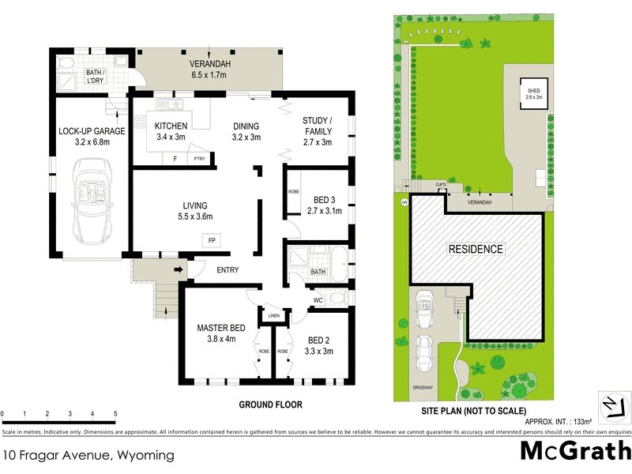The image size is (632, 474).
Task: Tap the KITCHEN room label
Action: coord(171,126)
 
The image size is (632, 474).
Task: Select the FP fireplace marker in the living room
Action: coord(211,239)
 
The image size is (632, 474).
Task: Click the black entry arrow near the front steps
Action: coord(179,270)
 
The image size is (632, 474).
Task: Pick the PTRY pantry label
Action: coord(199,159)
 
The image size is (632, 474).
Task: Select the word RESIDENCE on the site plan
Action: coord(476,249)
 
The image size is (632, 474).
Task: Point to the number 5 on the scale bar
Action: coord(115,413)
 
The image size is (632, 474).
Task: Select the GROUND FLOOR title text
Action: coord(270,404)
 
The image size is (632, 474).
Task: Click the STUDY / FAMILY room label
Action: coord(318,126)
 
